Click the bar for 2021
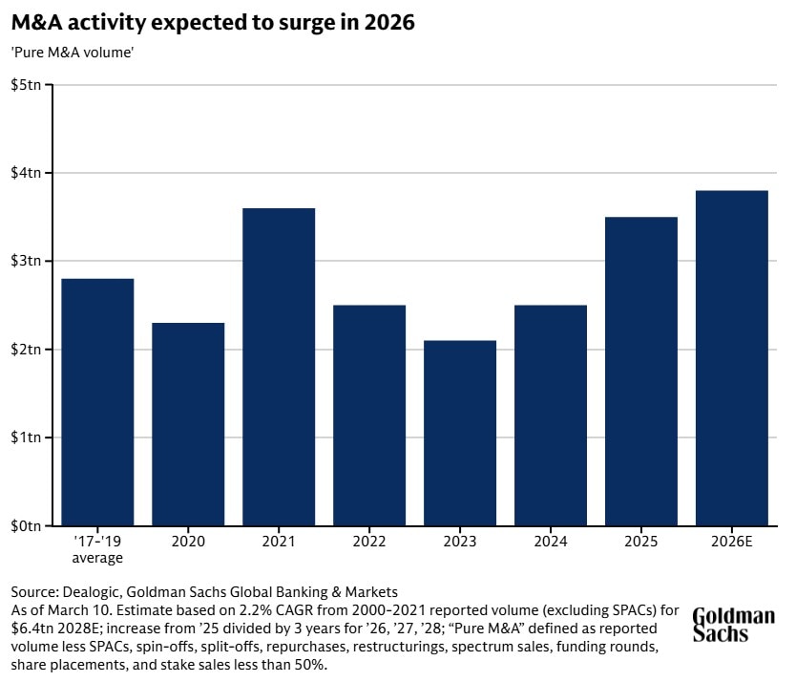tap(279, 367)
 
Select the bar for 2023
tap(460, 433)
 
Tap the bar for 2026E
tap(732, 358)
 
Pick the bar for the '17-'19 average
tap(97, 402)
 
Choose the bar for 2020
tap(188, 424)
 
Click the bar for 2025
tap(641, 372)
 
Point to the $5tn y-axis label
tap(26, 85)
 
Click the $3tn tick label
tap(26, 262)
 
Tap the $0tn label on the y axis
tap(26, 526)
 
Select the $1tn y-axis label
tap(26, 438)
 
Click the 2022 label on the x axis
tap(369, 543)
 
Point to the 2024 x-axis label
tap(551, 543)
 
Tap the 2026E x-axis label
tap(732, 543)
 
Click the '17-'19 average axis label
tap(97, 550)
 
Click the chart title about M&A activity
tap(213, 23)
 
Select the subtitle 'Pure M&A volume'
tap(72, 53)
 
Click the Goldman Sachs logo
tap(732, 625)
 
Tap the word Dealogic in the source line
tap(87, 591)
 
